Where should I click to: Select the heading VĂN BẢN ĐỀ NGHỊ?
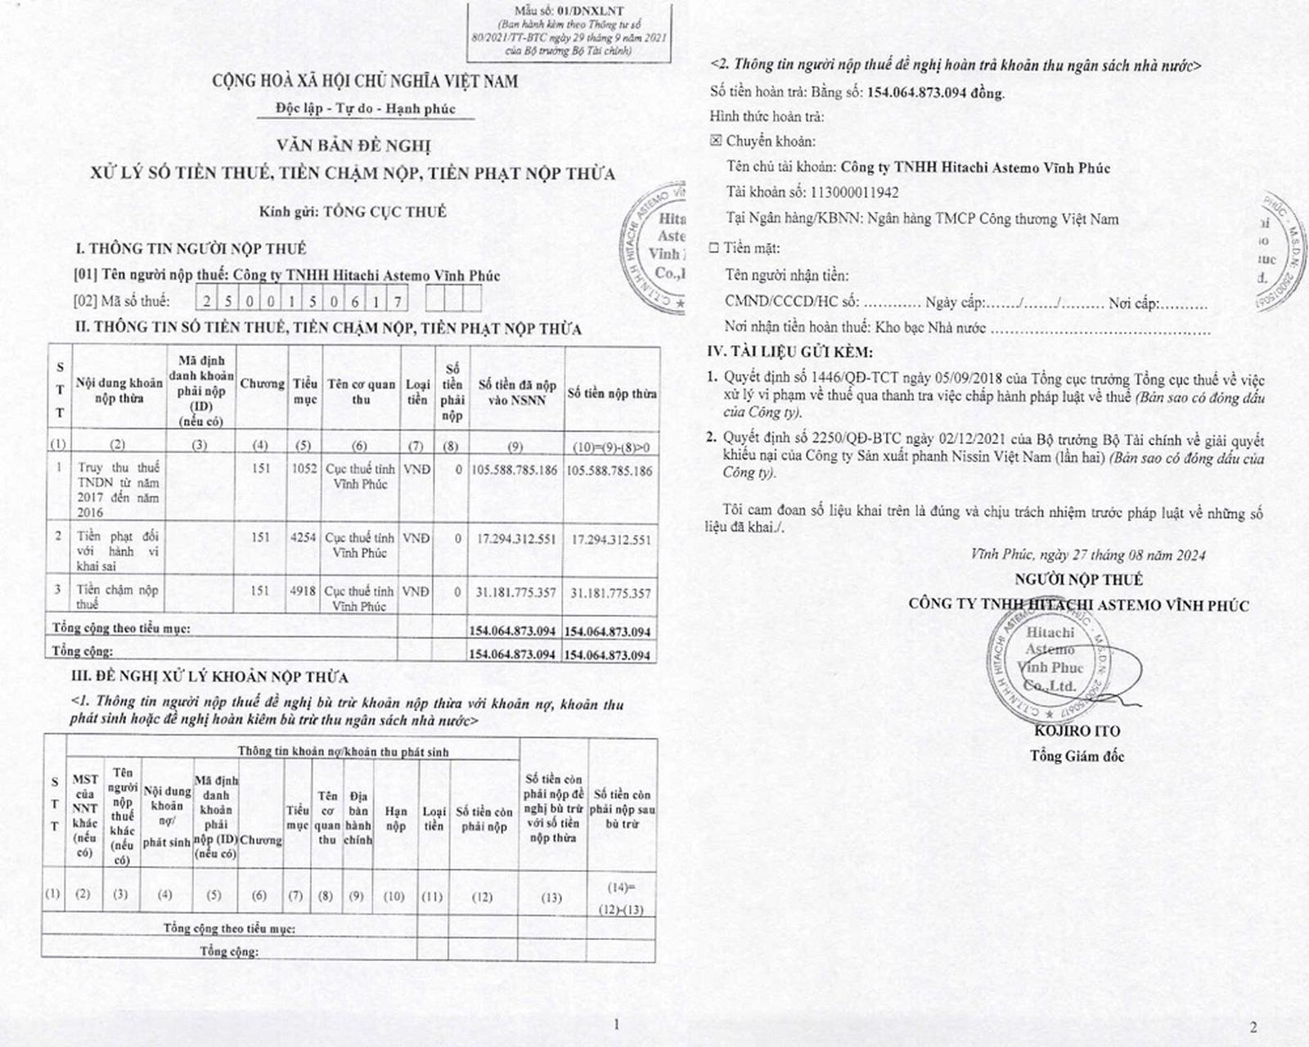(x=353, y=146)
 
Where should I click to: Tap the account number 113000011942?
(x=854, y=193)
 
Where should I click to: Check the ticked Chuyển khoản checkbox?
(x=716, y=141)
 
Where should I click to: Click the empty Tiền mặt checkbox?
(x=714, y=247)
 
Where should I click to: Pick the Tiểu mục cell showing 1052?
(x=304, y=470)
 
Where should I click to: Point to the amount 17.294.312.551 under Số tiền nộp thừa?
(x=611, y=539)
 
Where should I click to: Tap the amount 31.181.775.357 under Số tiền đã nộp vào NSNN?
(x=515, y=592)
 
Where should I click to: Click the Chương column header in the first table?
(x=261, y=384)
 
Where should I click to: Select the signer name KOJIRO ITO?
(x=1077, y=730)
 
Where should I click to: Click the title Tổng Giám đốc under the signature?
(x=1077, y=756)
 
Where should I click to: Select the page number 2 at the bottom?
(x=1253, y=1027)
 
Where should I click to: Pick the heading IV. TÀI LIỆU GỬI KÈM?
(x=789, y=352)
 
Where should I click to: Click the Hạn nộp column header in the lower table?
(x=395, y=818)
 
